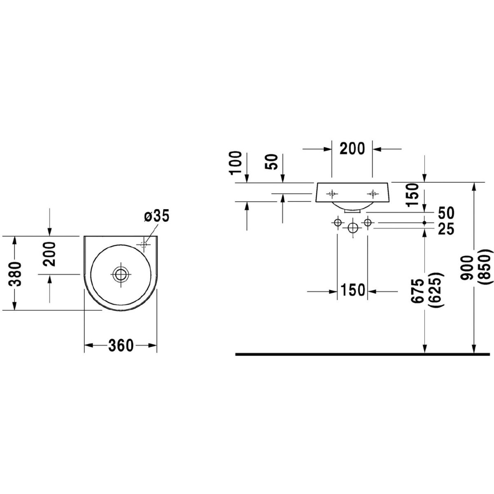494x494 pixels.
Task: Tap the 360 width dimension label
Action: (121, 345)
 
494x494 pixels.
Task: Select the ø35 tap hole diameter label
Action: (157, 216)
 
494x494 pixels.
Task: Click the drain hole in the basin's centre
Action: (121, 274)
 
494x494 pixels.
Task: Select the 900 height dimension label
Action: (468, 268)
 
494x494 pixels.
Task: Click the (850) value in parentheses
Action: (487, 268)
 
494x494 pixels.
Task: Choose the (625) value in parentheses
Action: (436, 291)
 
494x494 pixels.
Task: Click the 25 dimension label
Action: (446, 229)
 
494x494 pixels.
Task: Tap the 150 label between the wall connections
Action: (353, 291)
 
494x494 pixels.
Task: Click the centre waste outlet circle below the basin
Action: (352, 227)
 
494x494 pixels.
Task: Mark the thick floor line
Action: (362, 354)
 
